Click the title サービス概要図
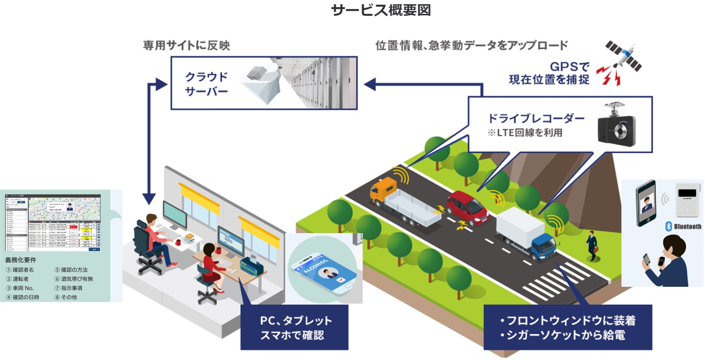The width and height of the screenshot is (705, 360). [x=381, y=10]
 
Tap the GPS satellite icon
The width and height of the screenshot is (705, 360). [x=623, y=56]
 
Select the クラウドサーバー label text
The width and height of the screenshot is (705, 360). [x=206, y=84]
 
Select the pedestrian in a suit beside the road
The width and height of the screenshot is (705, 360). [x=592, y=245]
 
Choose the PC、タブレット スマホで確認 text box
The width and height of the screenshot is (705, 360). [x=294, y=327]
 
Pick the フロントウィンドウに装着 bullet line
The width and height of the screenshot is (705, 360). [x=568, y=320]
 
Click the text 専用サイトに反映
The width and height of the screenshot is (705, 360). [x=187, y=45]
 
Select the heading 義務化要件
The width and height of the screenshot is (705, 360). [x=21, y=260]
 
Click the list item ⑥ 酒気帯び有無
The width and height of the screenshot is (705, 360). [x=74, y=279]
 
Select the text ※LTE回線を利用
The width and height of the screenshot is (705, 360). [x=525, y=133]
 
